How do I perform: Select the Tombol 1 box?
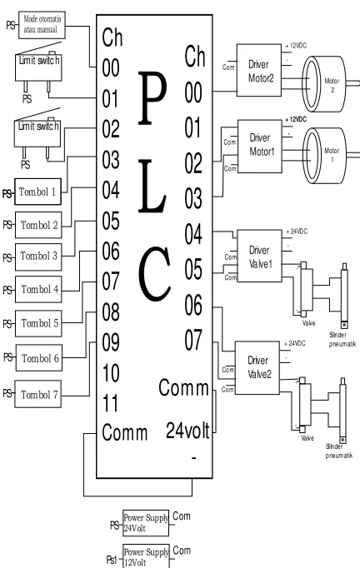37,192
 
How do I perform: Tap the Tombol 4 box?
38,289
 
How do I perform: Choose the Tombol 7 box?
37,394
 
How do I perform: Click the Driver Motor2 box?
259,70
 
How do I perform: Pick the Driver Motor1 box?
259,147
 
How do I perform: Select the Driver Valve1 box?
259,256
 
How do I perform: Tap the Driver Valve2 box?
257,367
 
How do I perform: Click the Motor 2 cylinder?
325,84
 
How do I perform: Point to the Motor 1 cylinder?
325,155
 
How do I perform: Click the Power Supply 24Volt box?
146,523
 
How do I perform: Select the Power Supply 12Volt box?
146,556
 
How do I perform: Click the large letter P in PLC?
152,98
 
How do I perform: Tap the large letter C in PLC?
154,274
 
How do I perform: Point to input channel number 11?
110,403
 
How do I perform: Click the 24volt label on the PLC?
187,431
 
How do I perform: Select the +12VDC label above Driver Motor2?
296,46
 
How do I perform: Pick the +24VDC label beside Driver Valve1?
297,232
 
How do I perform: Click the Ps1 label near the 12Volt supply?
112,560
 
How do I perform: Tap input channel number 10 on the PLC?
111,373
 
